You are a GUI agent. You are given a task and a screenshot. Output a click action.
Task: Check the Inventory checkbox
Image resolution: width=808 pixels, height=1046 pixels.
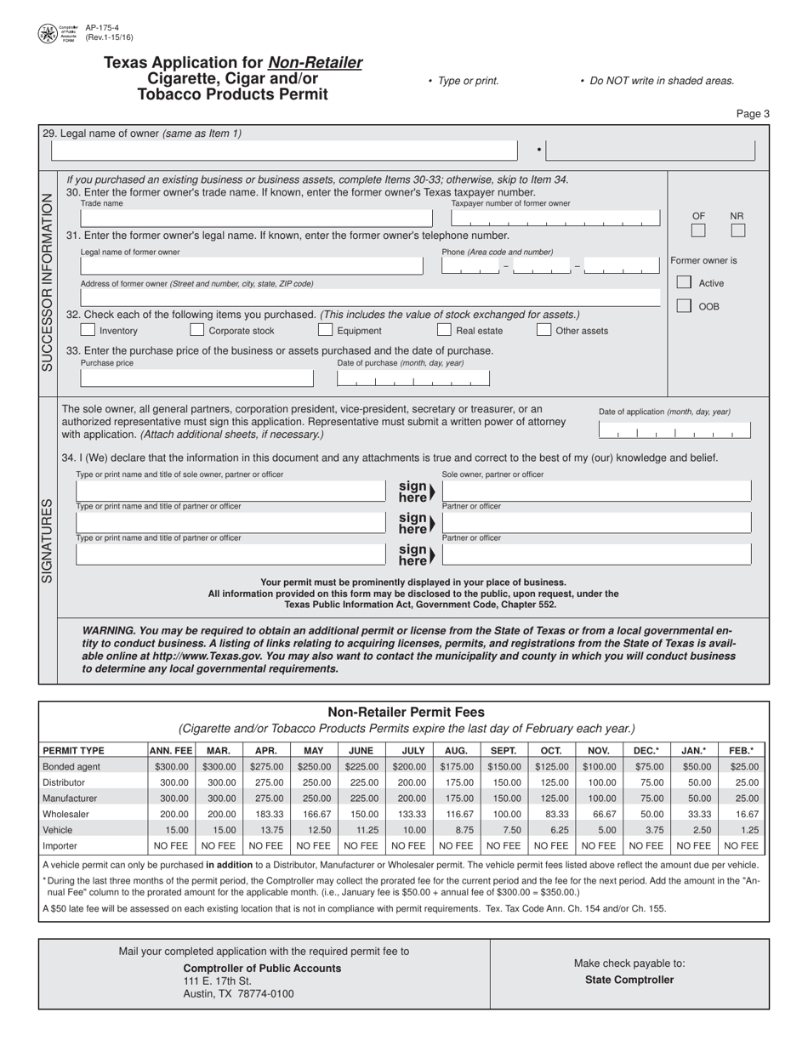tap(88, 330)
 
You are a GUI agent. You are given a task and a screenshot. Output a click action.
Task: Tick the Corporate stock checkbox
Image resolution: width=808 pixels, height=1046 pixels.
tap(196, 330)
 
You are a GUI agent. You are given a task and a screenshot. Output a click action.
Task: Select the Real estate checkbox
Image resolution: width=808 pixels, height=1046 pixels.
tap(444, 330)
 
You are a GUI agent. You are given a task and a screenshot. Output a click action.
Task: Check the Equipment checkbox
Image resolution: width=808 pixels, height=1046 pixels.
tap(325, 330)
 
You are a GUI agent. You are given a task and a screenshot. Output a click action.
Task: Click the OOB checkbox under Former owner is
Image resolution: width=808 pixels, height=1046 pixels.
tap(684, 306)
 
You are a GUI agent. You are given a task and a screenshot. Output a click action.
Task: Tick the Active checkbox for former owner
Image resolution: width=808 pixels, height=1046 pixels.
tap(684, 282)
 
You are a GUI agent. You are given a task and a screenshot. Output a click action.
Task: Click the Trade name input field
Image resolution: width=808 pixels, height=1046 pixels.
tap(255, 219)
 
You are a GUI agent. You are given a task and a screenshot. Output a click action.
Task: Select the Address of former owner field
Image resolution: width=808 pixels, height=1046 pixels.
tap(370, 298)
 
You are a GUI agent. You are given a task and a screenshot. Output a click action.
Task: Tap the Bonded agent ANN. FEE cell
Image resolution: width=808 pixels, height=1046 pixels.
tap(172, 766)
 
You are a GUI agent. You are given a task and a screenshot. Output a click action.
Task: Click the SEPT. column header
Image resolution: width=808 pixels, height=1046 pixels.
tap(504, 751)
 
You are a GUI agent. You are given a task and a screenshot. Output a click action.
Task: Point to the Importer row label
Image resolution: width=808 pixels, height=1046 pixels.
tap(60, 846)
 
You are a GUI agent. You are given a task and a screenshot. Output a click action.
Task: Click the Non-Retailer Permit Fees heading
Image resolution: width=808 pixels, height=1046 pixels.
tap(406, 712)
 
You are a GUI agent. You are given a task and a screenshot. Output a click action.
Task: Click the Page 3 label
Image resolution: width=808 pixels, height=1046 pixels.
tap(752, 114)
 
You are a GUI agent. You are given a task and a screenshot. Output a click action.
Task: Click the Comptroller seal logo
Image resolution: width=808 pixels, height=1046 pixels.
tap(48, 34)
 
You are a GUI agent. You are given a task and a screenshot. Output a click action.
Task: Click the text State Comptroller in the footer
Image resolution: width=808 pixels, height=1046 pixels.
tap(629, 980)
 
